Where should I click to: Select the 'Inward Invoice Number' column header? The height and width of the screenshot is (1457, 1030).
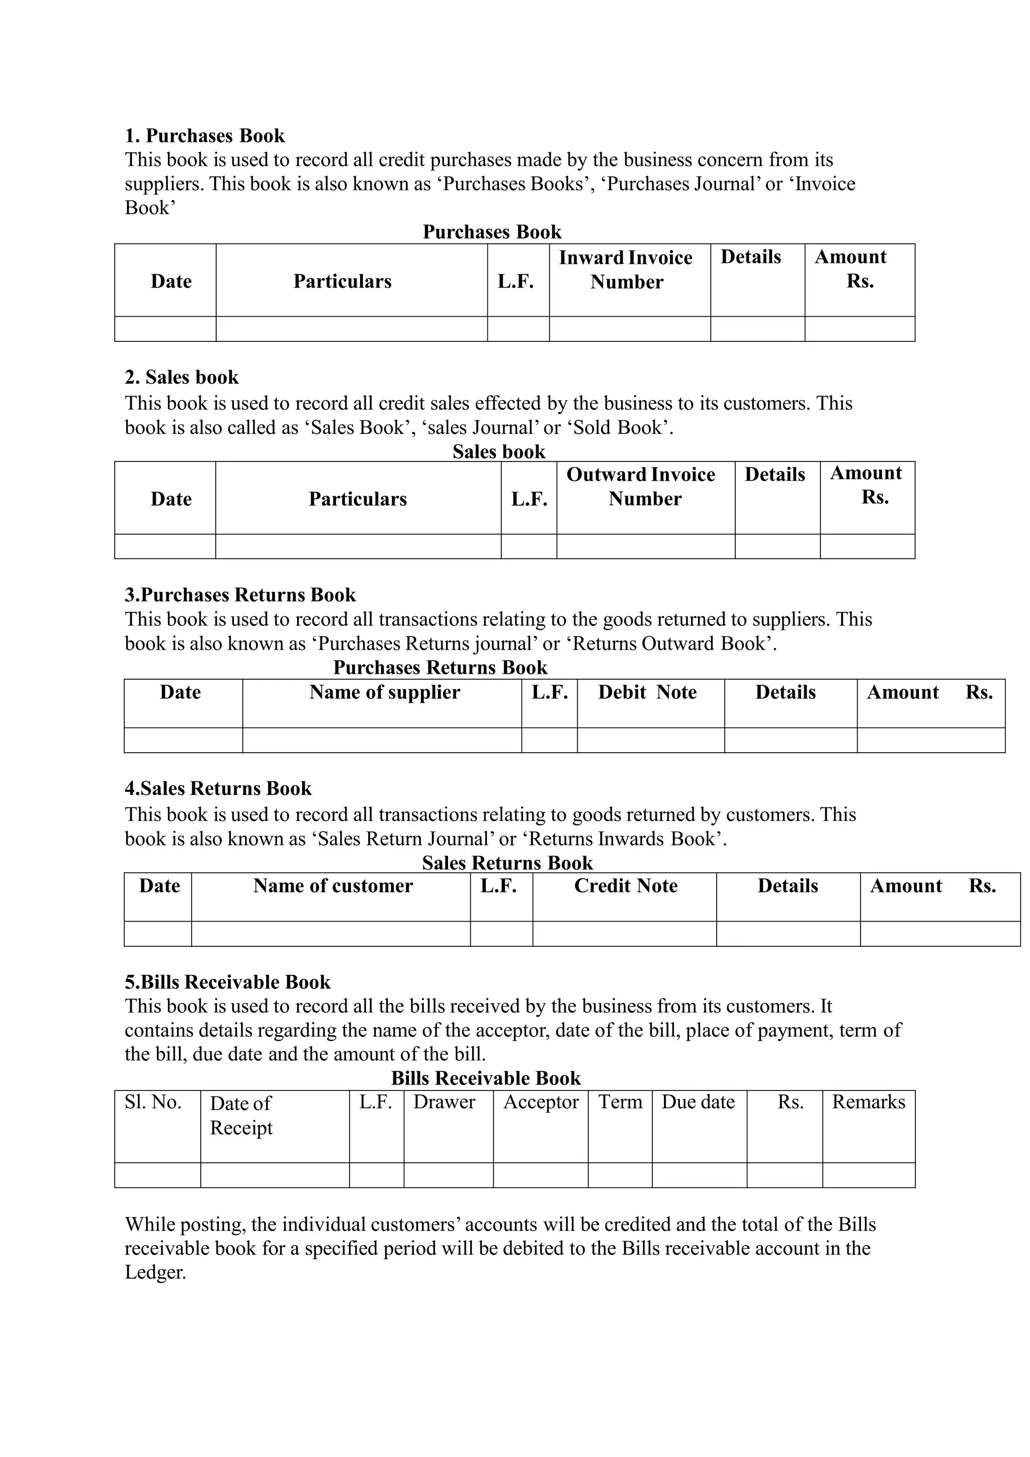tap(626, 269)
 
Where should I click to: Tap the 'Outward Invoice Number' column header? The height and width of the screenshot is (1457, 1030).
tap(641, 487)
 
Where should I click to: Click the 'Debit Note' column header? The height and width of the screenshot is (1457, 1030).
tap(647, 692)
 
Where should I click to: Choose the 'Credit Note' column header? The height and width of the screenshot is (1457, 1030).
tap(626, 885)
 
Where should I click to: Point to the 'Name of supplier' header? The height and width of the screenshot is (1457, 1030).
tap(385, 692)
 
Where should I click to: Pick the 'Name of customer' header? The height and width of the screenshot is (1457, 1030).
tap(332, 885)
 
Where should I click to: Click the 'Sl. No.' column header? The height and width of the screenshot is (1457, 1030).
tap(153, 1102)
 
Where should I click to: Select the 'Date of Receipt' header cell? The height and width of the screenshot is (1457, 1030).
tap(241, 1115)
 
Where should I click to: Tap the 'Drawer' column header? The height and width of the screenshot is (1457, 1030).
tap(444, 1102)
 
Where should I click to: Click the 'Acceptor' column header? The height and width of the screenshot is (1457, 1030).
tap(541, 1102)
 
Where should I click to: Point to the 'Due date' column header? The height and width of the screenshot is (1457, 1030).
tap(698, 1102)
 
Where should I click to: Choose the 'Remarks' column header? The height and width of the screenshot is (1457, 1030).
tap(868, 1102)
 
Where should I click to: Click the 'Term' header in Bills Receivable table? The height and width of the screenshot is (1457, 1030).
tap(620, 1102)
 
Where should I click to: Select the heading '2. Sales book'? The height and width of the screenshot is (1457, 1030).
tap(182, 377)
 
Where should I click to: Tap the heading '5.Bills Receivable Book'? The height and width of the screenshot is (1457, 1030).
tap(227, 982)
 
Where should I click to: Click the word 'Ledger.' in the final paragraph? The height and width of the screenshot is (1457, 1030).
tap(155, 1272)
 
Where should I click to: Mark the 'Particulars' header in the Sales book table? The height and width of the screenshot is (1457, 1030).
tap(358, 499)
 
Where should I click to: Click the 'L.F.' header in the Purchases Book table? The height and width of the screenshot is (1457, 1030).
tap(516, 281)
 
